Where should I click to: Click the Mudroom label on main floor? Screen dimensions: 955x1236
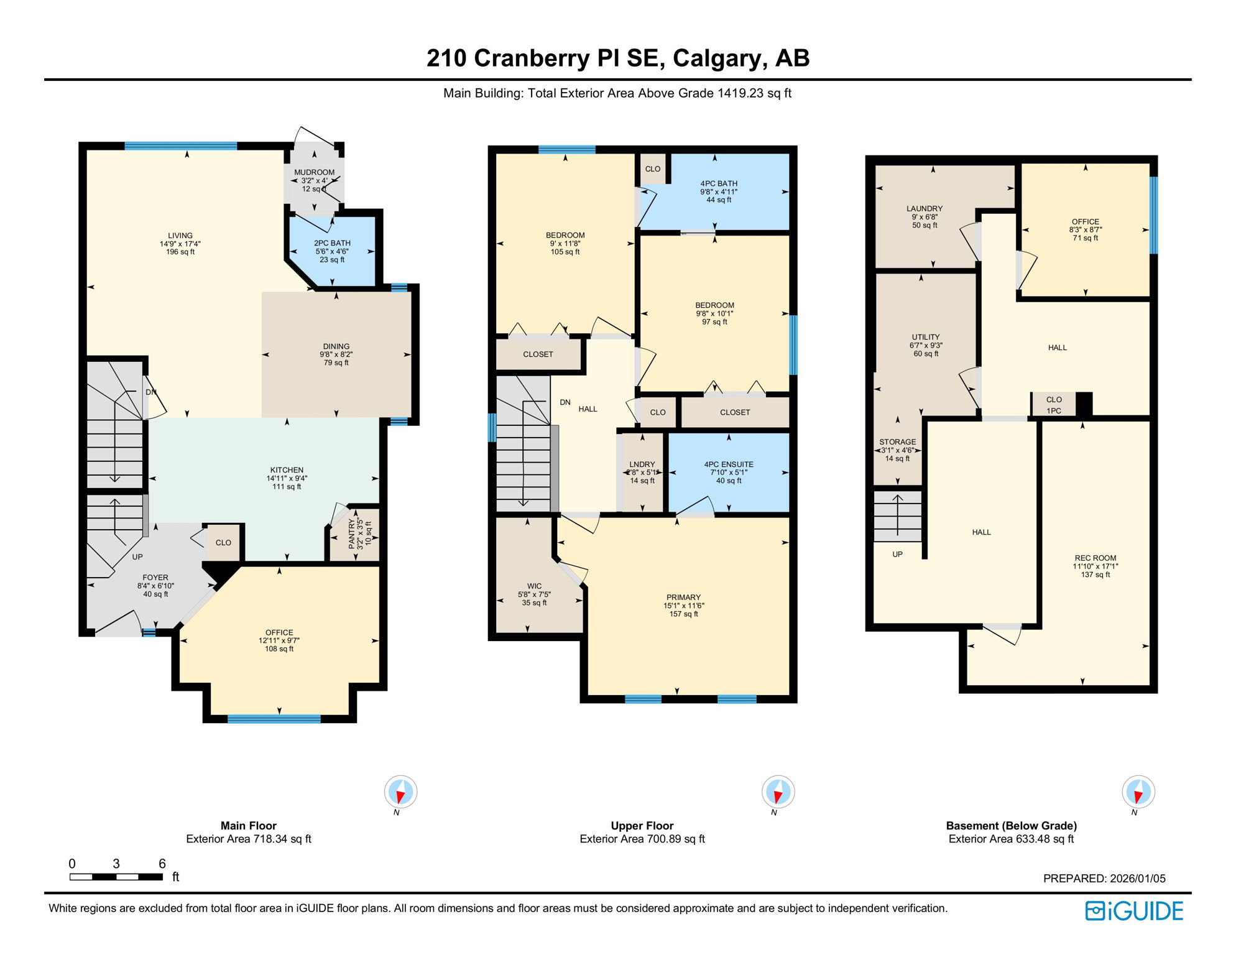click(314, 172)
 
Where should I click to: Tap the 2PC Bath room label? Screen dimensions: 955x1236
click(332, 243)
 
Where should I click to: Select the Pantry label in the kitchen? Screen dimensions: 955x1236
click(352, 534)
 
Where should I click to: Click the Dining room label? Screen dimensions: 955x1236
click(336, 346)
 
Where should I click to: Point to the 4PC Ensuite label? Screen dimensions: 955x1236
click(729, 464)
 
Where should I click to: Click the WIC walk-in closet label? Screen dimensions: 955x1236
click(534, 586)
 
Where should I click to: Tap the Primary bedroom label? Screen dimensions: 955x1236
click(683, 597)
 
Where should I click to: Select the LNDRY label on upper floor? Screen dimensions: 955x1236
click(642, 464)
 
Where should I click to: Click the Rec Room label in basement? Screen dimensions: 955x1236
click(1095, 558)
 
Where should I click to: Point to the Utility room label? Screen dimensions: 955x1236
click(926, 337)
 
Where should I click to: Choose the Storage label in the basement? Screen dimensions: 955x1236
click(897, 442)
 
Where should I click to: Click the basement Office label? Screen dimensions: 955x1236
click(1086, 222)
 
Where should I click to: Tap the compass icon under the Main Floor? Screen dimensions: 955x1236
click(400, 792)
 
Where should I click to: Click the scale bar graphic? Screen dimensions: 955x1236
click(116, 877)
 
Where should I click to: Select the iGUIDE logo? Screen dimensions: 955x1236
click(1134, 911)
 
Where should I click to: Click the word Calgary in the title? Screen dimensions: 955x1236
click(717, 58)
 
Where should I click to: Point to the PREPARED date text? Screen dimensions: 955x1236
click(1104, 879)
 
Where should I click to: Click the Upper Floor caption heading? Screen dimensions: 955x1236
click(642, 826)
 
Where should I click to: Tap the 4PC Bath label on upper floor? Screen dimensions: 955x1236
click(719, 183)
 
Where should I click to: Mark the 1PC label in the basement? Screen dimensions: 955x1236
click(1054, 411)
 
